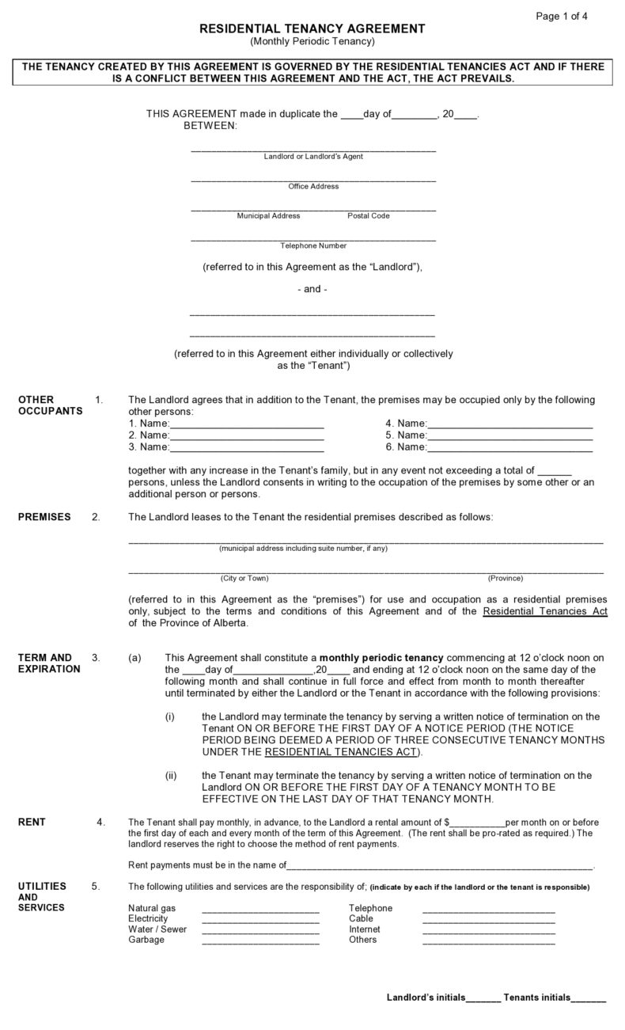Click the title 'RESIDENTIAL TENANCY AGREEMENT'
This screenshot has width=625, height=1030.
tap(312, 29)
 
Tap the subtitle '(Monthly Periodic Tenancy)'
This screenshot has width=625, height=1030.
tap(312, 41)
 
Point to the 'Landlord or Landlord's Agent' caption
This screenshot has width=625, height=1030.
tap(313, 157)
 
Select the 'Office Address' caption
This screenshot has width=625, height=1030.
tap(313, 186)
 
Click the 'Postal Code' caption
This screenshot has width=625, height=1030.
tap(368, 215)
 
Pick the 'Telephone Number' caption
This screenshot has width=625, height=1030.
tap(313, 245)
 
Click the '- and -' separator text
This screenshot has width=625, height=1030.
tap(312, 289)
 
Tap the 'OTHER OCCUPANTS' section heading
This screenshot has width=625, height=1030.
tap(49, 405)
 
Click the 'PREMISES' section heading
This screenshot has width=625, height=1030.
tap(44, 517)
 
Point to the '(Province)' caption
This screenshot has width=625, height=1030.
tap(506, 578)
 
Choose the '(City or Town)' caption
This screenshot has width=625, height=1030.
tap(244, 578)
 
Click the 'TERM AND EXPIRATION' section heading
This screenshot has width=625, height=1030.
tap(48, 663)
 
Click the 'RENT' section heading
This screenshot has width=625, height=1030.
tap(32, 823)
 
